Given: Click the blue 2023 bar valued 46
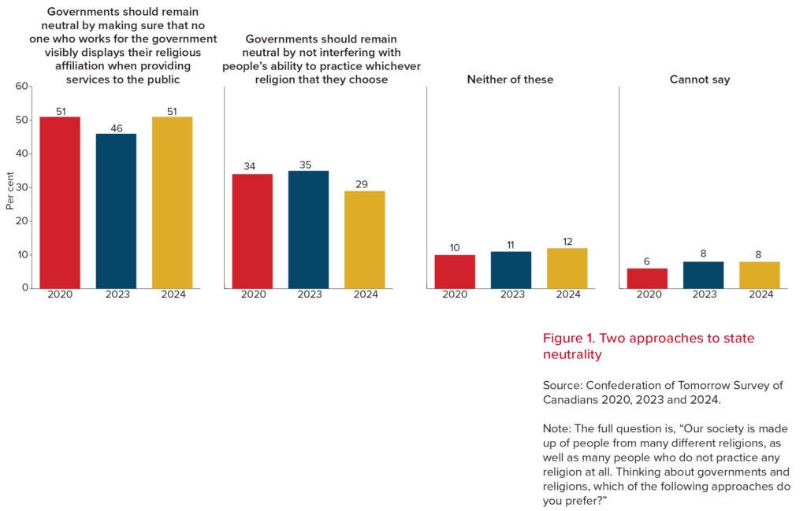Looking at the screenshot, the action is coord(117,211).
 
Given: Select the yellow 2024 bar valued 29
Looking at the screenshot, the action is coord(364,239).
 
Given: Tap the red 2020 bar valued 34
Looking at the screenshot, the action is coord(252,231).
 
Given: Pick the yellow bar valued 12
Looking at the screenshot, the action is coord(567,268).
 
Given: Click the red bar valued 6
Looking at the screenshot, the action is coord(647,278).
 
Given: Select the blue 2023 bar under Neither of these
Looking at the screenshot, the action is coord(511,270).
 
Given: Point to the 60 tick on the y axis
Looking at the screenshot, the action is coord(21,86).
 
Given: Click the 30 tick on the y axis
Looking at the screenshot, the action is coord(21,187).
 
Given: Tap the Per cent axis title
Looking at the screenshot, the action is coord(9,191).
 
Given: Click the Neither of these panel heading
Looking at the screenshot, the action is coord(510,80).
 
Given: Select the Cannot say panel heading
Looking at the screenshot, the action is coord(700,80).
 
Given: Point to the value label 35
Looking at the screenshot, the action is coord(305,165).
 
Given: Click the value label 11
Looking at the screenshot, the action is coord(510,245).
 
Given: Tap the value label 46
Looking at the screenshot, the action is coord(117,128).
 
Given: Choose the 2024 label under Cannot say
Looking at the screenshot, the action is coord(761,294).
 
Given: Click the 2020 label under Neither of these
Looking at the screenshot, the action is coord(455,294).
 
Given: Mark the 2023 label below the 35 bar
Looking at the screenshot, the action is coord(309,294).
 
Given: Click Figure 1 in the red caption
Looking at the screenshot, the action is coord(569,338).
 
